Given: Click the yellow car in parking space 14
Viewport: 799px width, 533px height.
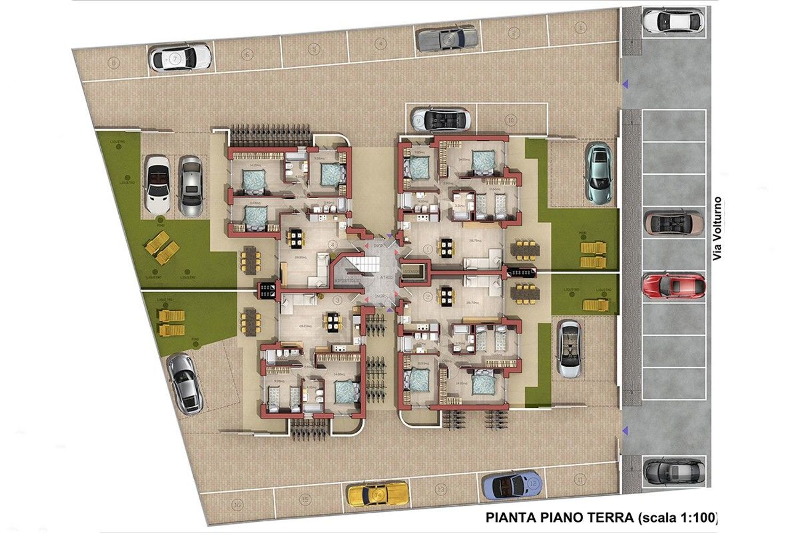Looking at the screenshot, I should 378,494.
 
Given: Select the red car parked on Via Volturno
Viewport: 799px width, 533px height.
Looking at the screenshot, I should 674,287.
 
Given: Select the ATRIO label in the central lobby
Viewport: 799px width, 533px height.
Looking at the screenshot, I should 387,277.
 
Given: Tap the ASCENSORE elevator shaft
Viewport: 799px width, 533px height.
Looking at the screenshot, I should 413,271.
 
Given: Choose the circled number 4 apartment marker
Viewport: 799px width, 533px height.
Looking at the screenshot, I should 332,245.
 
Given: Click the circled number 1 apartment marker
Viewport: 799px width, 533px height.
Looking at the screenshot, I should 430,248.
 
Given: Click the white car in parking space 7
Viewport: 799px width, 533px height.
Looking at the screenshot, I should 180,58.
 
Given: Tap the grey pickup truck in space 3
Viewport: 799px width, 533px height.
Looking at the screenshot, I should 446,39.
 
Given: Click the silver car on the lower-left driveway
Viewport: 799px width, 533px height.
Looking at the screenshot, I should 184,383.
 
